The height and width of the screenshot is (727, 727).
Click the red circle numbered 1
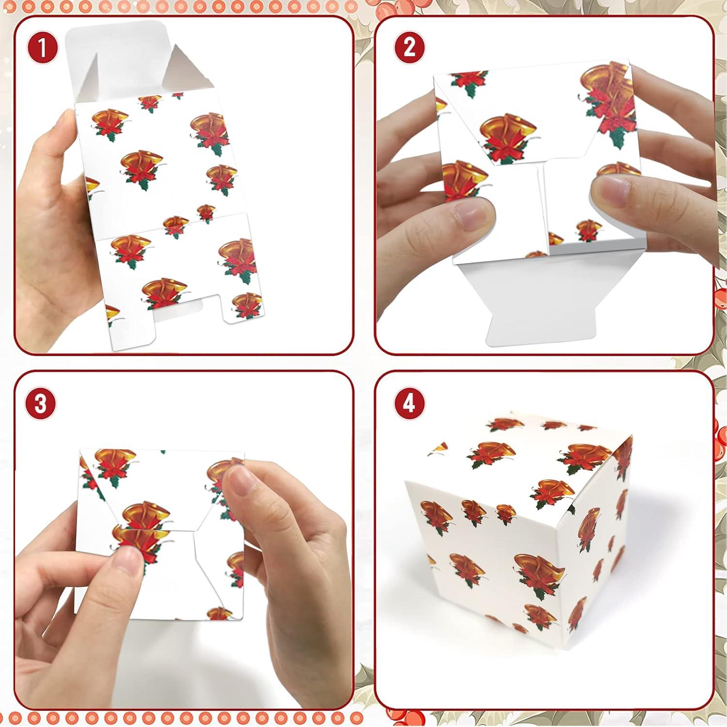point(42,48)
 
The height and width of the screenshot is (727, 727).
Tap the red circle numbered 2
point(410,48)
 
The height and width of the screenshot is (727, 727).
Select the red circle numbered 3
point(41,403)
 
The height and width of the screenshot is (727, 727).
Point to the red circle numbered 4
point(410,403)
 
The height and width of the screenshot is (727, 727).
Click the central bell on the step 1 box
point(141,167)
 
